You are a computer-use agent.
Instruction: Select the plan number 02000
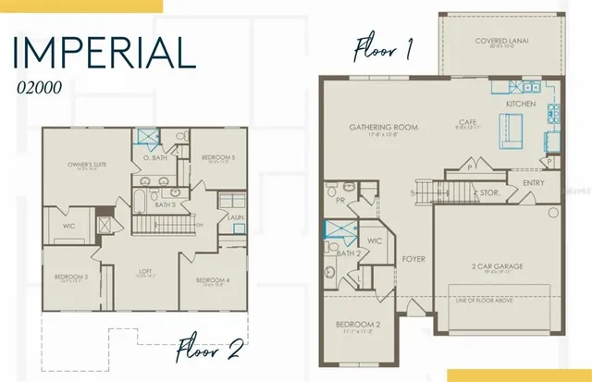click(36, 89)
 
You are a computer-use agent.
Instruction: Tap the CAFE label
click(467, 121)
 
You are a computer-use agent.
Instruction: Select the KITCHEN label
click(520, 105)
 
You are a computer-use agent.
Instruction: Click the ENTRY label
click(534, 183)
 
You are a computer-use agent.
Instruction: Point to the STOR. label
click(488, 193)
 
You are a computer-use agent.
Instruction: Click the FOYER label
click(413, 259)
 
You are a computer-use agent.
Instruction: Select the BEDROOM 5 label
click(218, 157)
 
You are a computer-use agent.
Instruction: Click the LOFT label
click(145, 271)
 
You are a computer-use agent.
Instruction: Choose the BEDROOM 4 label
click(214, 279)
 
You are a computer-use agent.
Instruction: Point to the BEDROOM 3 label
click(71, 276)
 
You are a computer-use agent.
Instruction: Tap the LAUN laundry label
click(235, 217)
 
